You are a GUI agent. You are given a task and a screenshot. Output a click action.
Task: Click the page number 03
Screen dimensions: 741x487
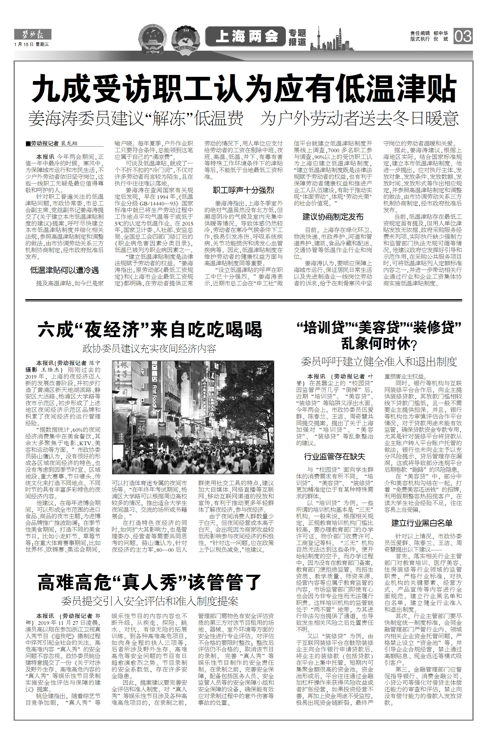coord(463,36)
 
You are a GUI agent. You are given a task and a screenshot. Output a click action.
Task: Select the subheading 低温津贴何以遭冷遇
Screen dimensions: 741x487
coord(64,270)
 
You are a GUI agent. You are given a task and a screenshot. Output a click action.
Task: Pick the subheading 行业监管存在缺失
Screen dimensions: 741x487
coord(335,457)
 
